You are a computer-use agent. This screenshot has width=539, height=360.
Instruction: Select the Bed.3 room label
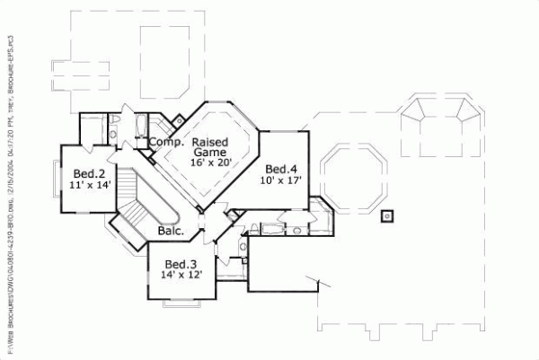181,264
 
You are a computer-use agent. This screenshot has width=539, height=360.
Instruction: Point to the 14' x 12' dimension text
181,276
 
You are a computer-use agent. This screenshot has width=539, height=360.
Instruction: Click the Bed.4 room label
281,169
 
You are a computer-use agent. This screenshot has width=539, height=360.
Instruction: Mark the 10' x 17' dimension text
281,180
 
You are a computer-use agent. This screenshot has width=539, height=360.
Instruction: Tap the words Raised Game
209,148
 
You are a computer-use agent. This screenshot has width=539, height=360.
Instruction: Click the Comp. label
166,142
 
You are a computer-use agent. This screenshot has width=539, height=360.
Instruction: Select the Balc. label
171,231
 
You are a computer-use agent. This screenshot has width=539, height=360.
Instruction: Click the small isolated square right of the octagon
386,215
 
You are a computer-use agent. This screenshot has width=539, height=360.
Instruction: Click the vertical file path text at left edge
8,180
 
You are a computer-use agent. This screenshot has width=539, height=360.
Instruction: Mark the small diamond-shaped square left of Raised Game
178,119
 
